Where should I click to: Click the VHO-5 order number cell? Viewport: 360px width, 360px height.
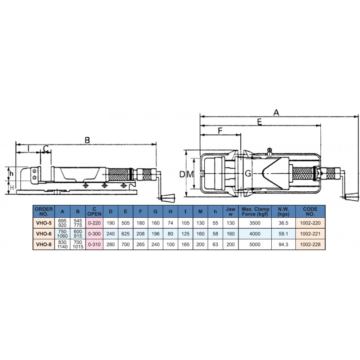44,223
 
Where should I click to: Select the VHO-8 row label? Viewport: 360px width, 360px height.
44,244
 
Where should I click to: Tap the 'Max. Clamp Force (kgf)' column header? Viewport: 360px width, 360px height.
255,211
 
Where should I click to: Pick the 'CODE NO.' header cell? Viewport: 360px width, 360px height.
310,211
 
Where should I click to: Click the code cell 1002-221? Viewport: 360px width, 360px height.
310,234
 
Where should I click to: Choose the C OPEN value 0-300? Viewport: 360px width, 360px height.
94,234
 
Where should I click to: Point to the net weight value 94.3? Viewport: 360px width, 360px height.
283,244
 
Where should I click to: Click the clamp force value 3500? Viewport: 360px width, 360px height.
255,223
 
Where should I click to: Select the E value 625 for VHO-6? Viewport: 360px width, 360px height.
126,234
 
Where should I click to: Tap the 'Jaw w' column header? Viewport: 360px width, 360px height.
230,211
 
